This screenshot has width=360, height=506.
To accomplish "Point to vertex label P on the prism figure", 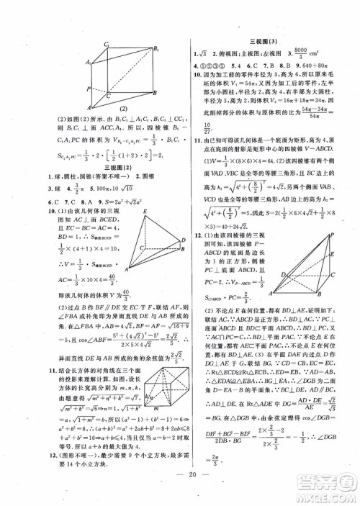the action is [88, 90].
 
